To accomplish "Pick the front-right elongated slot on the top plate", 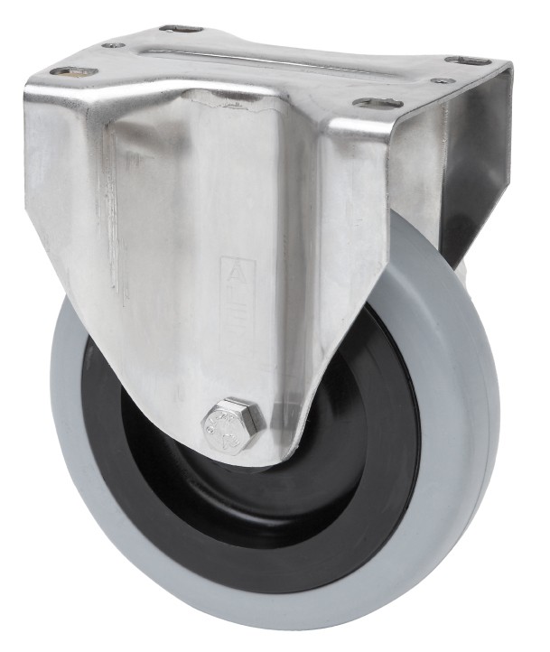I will coord(377,103).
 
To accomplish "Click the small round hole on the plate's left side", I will coord(113,44).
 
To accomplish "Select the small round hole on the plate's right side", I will coord(442,81).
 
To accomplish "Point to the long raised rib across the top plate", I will coord(271,60).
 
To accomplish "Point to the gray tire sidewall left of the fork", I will coord(81,406).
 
